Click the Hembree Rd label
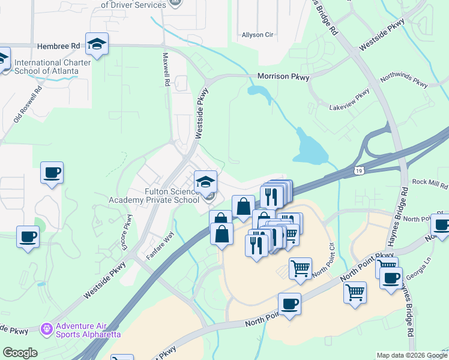(x=58, y=46)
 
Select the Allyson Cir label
(x=257, y=35)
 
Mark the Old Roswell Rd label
(x=27, y=106)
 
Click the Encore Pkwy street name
(x=128, y=236)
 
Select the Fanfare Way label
(x=160, y=246)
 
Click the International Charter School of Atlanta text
(x=52, y=67)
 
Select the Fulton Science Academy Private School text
(x=154, y=196)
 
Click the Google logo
(x=20, y=353)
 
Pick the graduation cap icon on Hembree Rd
(x=96, y=43)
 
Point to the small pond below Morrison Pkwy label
(x=259, y=92)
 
